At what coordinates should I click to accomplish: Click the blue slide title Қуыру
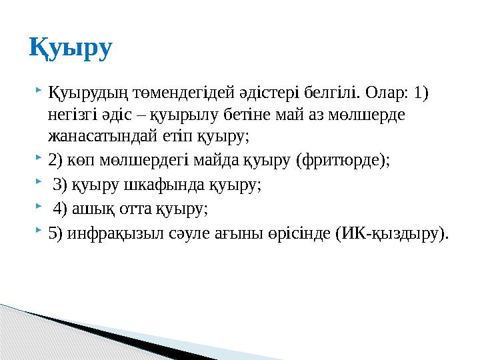71,48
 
